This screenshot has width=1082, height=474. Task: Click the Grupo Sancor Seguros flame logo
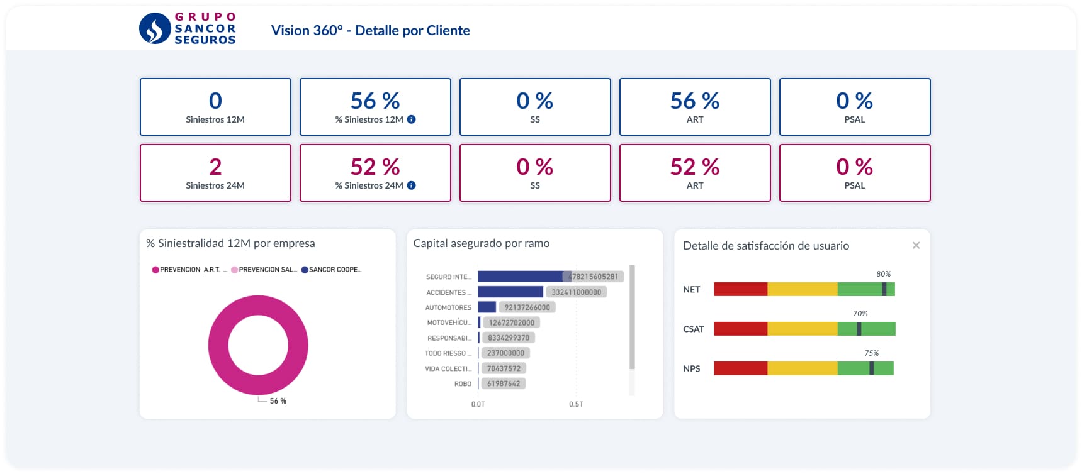click(155, 28)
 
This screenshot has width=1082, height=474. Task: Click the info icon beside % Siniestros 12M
click(411, 119)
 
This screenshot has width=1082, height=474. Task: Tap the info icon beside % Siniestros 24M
click(411, 185)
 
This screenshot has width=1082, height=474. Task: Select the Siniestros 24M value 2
click(215, 167)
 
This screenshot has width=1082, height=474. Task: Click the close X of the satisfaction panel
click(916, 245)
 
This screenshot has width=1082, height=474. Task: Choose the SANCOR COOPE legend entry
click(331, 270)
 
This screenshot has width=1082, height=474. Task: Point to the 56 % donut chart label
click(278, 401)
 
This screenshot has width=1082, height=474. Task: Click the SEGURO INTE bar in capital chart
click(520, 277)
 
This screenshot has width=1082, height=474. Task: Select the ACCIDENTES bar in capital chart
click(510, 292)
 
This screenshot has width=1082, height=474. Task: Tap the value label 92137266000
click(527, 307)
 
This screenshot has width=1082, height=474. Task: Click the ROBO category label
click(463, 384)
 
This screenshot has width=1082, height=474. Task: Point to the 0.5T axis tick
click(576, 404)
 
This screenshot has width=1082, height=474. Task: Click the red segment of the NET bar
click(740, 289)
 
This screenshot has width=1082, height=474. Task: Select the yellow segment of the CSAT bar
click(802, 329)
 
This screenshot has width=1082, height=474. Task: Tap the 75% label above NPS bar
click(871, 353)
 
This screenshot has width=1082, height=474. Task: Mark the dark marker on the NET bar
click(884, 289)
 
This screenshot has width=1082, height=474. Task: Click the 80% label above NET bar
click(883, 274)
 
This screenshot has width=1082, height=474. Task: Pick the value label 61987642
click(504, 383)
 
